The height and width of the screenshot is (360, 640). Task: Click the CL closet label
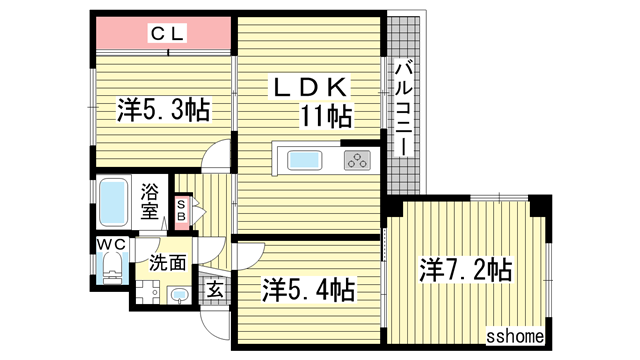click(x=168, y=33)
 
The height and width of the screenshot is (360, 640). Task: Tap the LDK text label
click(x=309, y=87)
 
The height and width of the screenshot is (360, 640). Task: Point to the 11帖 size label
click(x=326, y=116)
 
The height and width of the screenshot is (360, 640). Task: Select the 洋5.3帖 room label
click(x=164, y=110)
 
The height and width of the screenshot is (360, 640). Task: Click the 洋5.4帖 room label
click(x=308, y=289)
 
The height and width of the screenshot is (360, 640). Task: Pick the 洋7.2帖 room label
click(x=466, y=270)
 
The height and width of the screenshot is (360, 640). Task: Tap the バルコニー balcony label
click(x=403, y=108)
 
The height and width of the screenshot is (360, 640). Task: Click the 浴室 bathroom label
click(x=150, y=202)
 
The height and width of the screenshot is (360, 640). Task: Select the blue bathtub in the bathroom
click(x=113, y=202)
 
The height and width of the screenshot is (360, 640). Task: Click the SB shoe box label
click(x=182, y=210)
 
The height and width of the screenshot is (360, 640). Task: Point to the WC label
click(x=111, y=244)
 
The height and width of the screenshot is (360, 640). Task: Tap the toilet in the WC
click(x=111, y=267)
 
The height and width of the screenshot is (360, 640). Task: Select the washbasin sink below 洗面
click(x=179, y=295)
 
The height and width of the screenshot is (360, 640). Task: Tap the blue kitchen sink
click(x=304, y=160)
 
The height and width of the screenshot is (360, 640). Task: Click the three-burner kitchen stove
click(x=357, y=160)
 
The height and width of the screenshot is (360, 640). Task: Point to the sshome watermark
click(x=515, y=336)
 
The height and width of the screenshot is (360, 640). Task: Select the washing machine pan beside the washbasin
click(x=147, y=292)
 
